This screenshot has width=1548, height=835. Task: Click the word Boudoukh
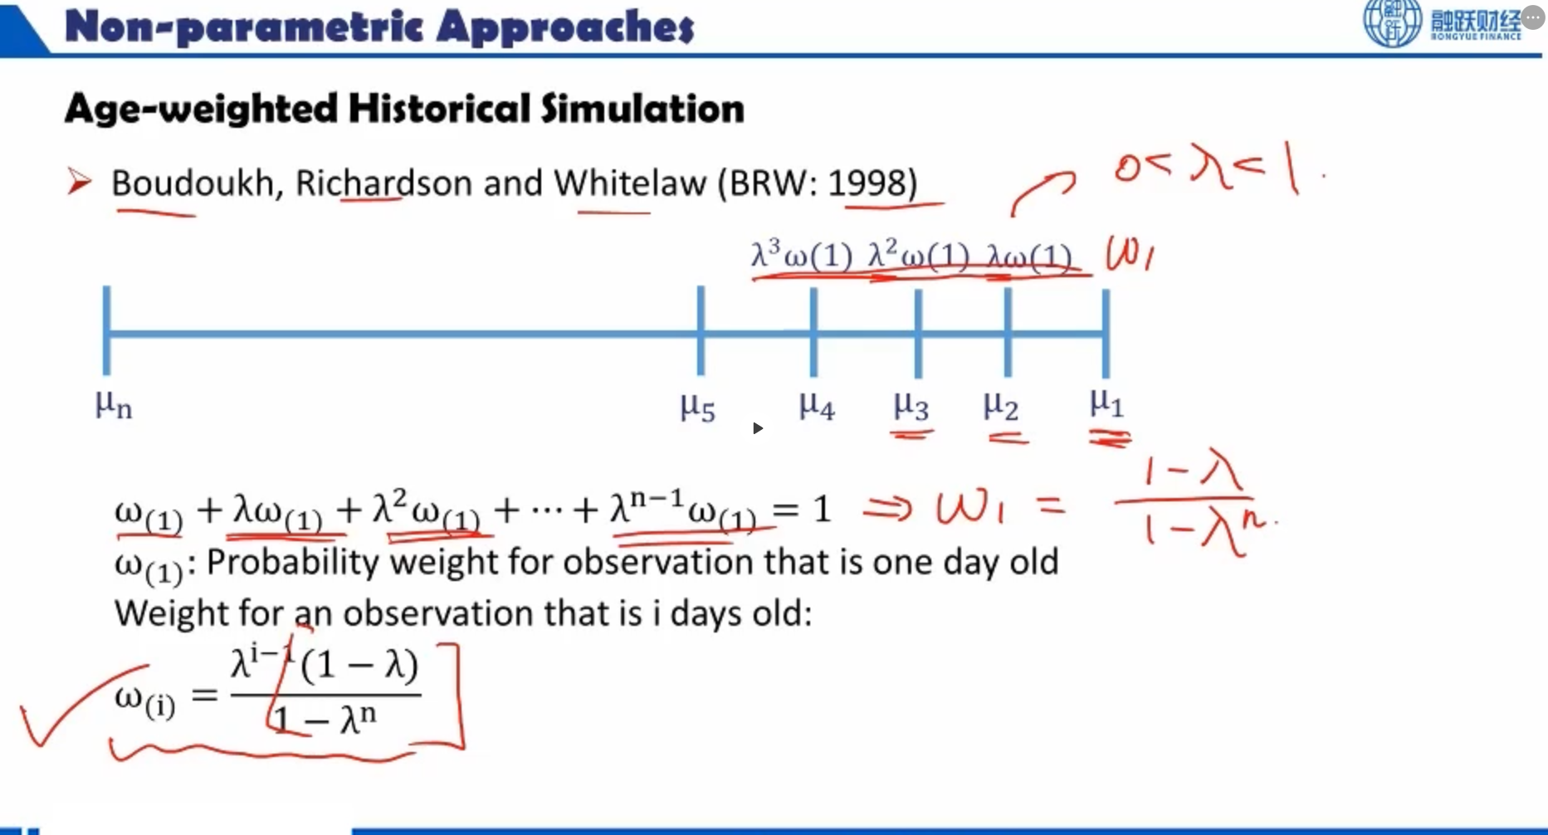193,183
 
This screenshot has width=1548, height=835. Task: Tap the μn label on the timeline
114,405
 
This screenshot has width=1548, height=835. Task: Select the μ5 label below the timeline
697,406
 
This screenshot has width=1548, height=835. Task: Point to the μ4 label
817,405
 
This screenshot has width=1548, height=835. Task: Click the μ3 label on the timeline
911,405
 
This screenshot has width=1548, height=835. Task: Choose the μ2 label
1000,405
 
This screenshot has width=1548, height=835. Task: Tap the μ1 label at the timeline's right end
1106,403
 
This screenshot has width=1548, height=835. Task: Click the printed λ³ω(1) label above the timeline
802,255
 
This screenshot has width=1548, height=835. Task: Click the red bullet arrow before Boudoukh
80,181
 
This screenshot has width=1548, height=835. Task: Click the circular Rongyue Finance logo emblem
1392,22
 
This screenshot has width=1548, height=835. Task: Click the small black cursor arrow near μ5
757,428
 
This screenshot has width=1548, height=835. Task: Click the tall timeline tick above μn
106,330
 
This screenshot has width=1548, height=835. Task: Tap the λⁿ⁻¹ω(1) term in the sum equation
683,508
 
